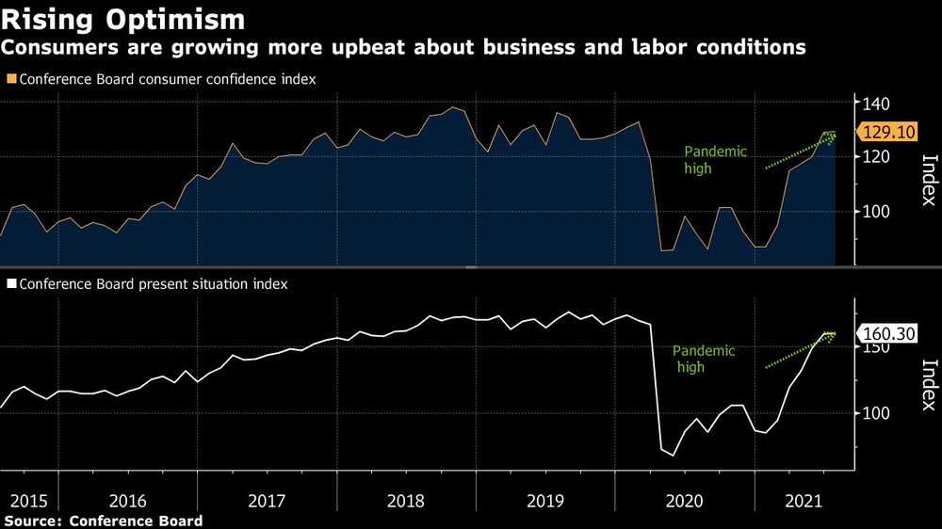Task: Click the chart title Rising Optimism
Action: pos(125,19)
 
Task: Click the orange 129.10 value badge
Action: pos(885,133)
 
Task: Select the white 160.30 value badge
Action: pos(885,332)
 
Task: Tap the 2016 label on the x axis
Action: pos(127,502)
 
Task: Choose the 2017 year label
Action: pos(267,502)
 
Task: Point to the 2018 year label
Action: pos(406,502)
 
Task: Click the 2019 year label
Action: pos(545,502)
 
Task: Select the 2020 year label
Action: pos(684,502)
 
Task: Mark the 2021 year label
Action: pos(803,502)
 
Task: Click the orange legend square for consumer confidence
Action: pos(11,80)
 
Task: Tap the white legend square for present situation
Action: pos(11,283)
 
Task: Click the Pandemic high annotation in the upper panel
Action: pos(715,160)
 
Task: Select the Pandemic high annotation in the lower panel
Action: pos(703,359)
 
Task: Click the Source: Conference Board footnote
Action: pos(104,521)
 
